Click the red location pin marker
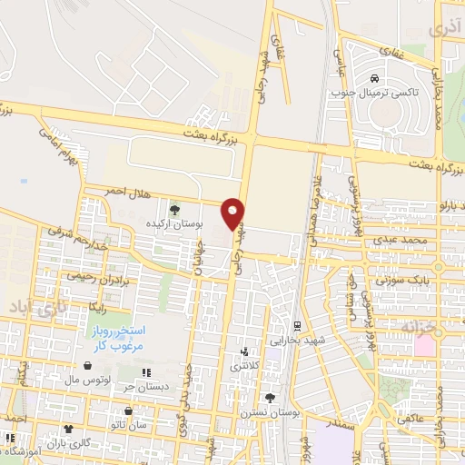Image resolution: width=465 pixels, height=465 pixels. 234,213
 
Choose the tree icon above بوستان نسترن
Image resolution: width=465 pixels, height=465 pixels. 270,398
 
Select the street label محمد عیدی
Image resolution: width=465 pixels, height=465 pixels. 404,240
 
